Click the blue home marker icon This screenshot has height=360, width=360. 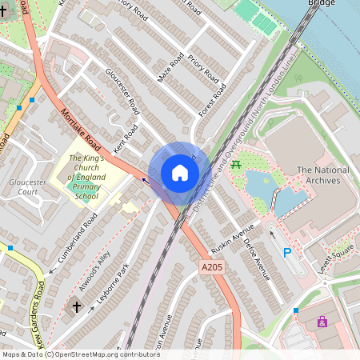click(x=180, y=173)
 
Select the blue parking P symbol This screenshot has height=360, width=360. click(x=287, y=253)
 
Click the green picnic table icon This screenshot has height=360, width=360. click(x=236, y=165)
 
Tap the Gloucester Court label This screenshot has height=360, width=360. click(x=23, y=187)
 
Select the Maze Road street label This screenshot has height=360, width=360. click(x=170, y=67)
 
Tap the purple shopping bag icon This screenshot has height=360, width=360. click(x=322, y=322)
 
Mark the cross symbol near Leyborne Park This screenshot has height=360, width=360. click(x=78, y=306)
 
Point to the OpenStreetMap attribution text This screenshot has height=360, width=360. click(x=81, y=354)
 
